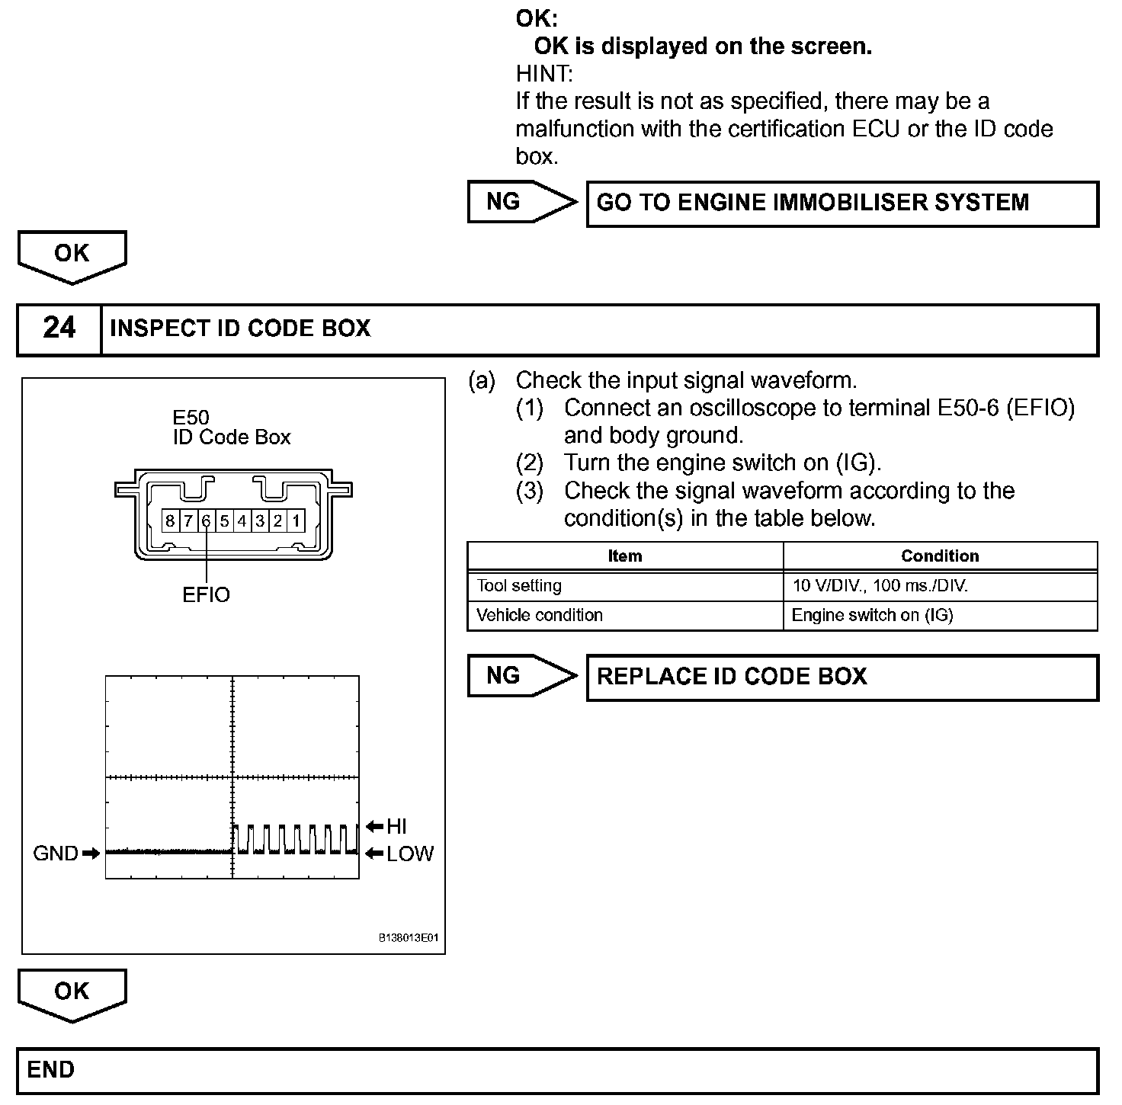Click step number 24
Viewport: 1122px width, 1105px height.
[x=59, y=328]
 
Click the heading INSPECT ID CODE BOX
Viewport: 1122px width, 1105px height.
[x=240, y=328]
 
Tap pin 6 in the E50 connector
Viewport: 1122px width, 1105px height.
[x=206, y=521]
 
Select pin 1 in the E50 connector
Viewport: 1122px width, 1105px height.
[x=296, y=521]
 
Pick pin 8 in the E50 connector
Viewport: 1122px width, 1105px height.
[x=169, y=521]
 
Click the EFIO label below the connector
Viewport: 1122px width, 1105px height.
[x=206, y=594]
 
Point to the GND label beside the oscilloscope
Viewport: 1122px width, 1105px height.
[x=56, y=854]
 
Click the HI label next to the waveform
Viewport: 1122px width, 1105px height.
[x=396, y=826]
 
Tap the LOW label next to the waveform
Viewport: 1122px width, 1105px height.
[x=410, y=854]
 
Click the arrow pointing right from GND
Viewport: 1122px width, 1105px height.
[x=91, y=854]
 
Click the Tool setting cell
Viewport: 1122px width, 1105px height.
[x=519, y=586]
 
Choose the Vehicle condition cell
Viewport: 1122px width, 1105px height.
[x=540, y=615]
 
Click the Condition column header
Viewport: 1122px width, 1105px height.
[x=940, y=556]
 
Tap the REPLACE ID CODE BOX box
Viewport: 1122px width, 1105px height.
[x=841, y=677]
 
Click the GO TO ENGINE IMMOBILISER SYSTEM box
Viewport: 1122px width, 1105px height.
[x=841, y=203]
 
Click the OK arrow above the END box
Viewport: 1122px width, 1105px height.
[x=72, y=994]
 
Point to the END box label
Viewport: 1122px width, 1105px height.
[x=51, y=1070]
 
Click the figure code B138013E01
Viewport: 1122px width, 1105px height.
[x=409, y=938]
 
